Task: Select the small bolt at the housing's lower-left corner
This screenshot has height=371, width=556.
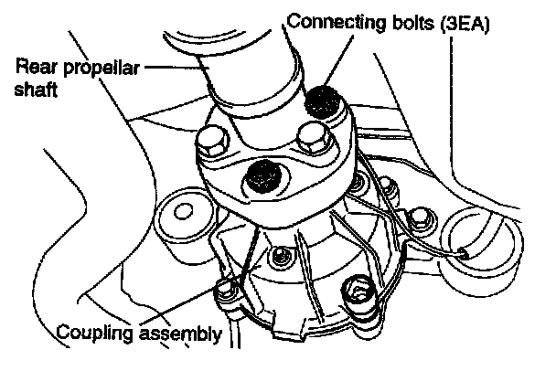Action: [x=223, y=291]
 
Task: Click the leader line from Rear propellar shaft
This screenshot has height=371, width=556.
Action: [x=174, y=67]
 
